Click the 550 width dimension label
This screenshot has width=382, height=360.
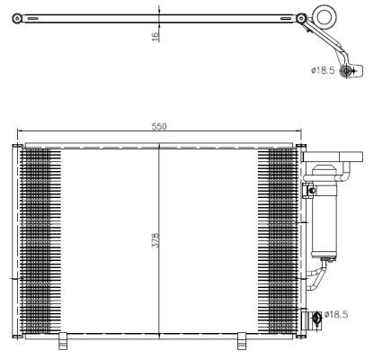(x=158, y=128)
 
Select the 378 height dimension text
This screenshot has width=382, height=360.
(x=155, y=242)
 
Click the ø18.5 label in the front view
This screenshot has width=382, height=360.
(x=336, y=314)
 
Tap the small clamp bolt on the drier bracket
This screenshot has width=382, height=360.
(x=311, y=190)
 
